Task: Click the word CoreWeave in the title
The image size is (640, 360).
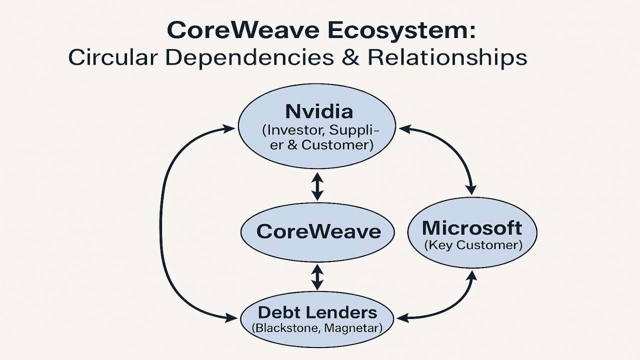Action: pos(242,30)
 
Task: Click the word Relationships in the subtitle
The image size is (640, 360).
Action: pos(447,57)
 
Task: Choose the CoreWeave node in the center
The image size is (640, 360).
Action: pos(318,231)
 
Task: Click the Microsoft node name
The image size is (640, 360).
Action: pos(472,228)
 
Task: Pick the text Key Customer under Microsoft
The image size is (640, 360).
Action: pos(473,245)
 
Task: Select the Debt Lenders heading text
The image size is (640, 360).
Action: pos(318,313)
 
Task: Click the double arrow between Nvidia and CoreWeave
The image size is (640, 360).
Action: pos(317,186)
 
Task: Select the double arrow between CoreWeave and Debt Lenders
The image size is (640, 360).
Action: pos(317,277)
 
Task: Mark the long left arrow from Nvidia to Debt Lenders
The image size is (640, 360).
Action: pos(161,225)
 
